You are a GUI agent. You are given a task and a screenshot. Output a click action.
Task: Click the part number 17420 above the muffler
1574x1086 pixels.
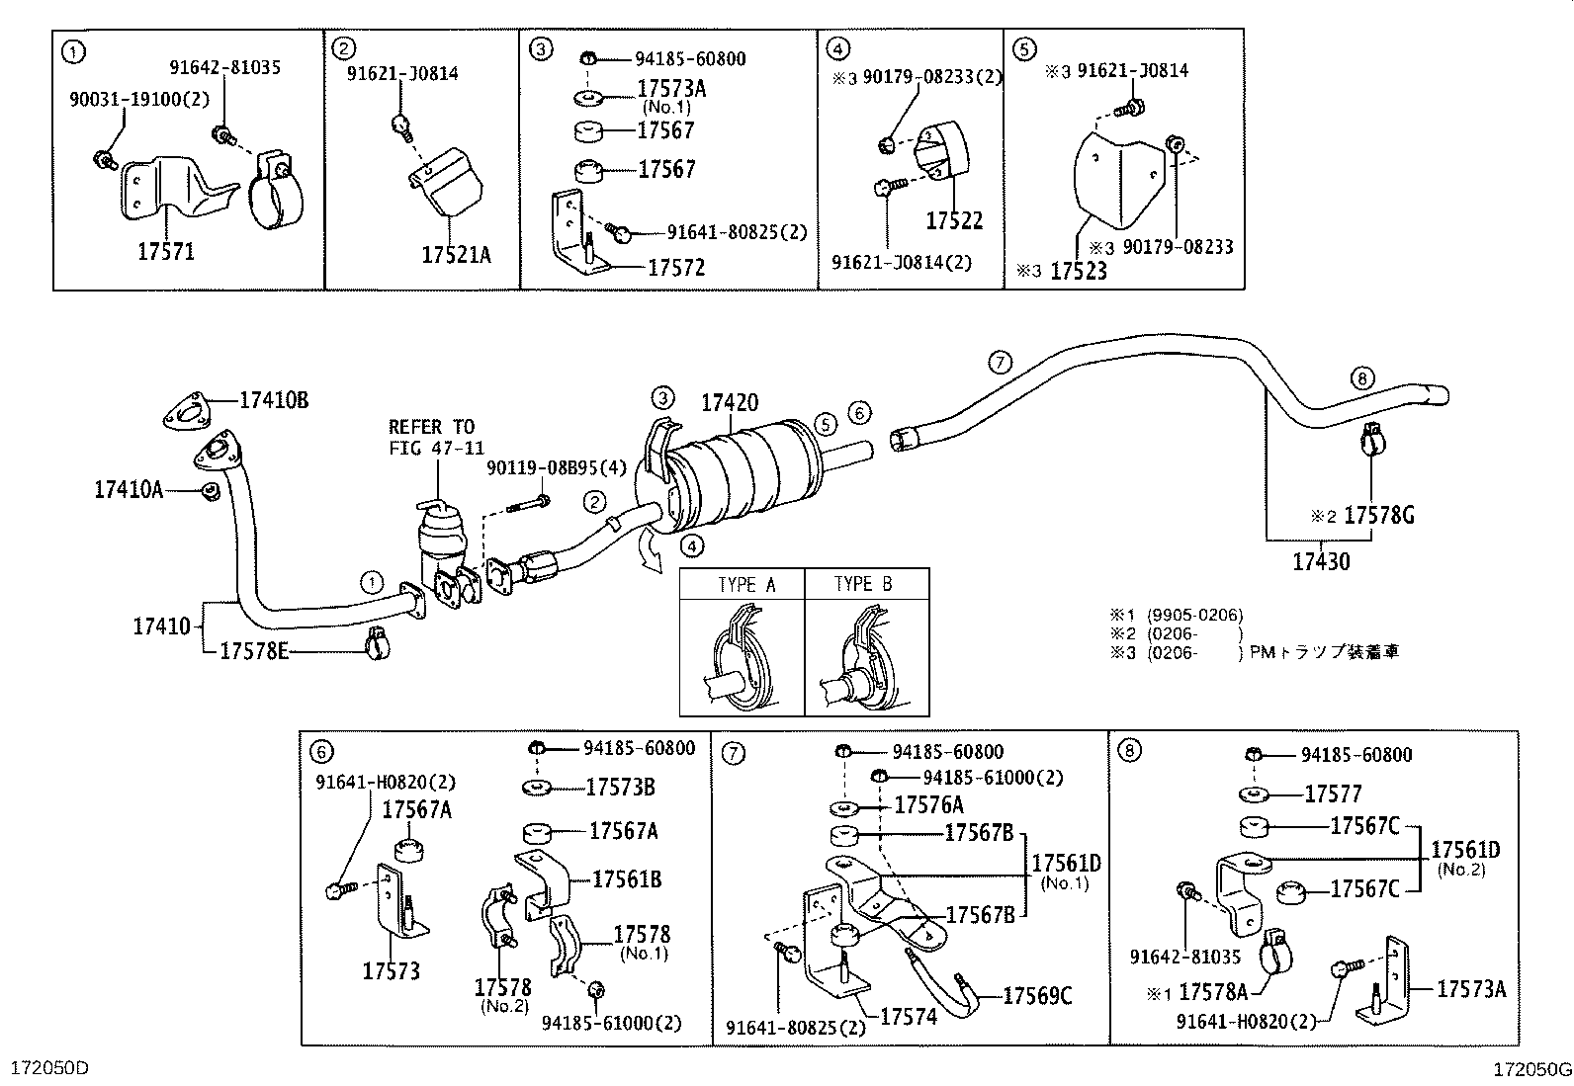[x=730, y=403]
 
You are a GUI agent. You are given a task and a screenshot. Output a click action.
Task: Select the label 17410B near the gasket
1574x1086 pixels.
[x=274, y=400]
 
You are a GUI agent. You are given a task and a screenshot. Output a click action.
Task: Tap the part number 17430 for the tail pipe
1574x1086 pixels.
[x=1321, y=562]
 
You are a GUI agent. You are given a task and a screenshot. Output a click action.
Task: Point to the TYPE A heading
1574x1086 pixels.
[x=746, y=584]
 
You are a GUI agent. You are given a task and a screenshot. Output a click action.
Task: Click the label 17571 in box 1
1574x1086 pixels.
[x=165, y=251]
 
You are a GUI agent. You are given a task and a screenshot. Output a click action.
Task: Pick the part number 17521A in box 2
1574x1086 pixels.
[x=456, y=255]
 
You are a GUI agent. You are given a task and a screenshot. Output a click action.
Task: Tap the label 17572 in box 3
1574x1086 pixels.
[x=676, y=268]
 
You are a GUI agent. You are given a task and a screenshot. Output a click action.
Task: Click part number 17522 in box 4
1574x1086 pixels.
[x=954, y=220]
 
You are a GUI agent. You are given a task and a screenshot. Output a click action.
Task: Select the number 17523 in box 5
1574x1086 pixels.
[x=1078, y=271]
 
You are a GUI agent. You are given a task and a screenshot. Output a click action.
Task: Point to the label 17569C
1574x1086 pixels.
[x=1037, y=996]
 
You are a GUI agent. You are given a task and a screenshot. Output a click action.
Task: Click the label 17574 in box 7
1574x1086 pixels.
[x=908, y=1016]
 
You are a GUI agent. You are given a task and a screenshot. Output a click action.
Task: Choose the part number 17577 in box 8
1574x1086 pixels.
[x=1333, y=794]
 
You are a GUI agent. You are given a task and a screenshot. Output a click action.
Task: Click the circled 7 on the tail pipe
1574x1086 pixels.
[x=1001, y=363]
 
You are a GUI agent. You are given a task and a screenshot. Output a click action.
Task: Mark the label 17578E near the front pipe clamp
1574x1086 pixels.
[x=254, y=650]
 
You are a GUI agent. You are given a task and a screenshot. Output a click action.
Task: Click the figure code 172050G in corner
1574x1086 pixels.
[x=1531, y=1069]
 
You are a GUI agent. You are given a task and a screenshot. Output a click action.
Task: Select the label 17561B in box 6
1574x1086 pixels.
[x=627, y=878]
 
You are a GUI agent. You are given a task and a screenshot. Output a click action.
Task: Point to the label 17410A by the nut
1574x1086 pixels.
[x=129, y=489]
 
